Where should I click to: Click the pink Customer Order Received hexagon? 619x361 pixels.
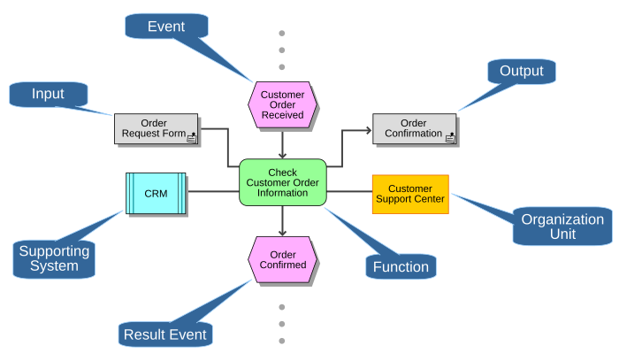pyautogui.click(x=282, y=104)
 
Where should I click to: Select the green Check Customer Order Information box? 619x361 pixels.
pyautogui.click(x=283, y=182)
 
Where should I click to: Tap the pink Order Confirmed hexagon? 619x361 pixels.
pyautogui.click(x=282, y=259)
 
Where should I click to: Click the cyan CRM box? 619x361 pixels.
pyautogui.click(x=156, y=193)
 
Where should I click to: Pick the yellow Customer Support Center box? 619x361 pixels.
pyautogui.click(x=410, y=195)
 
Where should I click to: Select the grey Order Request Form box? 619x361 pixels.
pyautogui.click(x=156, y=129)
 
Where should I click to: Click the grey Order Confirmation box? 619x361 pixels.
pyautogui.click(x=414, y=129)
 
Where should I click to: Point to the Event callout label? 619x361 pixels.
pyautogui.click(x=166, y=27)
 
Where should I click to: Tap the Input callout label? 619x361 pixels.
pyautogui.click(x=48, y=94)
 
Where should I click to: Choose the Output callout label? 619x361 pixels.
pyautogui.click(x=522, y=71)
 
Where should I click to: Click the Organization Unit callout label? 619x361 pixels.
pyautogui.click(x=562, y=227)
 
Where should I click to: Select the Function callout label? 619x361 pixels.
pyautogui.click(x=401, y=266)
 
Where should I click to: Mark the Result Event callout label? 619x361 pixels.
pyautogui.click(x=165, y=334)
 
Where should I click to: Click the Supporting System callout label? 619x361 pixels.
pyautogui.click(x=54, y=258)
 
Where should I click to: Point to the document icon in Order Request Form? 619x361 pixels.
pyautogui.click(x=192, y=138)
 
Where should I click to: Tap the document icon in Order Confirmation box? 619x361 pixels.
pyautogui.click(x=450, y=138)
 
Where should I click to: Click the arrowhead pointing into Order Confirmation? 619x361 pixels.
pyautogui.click(x=369, y=130)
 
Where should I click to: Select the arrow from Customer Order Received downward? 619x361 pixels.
pyautogui.click(x=282, y=143)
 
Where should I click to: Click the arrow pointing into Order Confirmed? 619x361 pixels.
pyautogui.click(x=282, y=221)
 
